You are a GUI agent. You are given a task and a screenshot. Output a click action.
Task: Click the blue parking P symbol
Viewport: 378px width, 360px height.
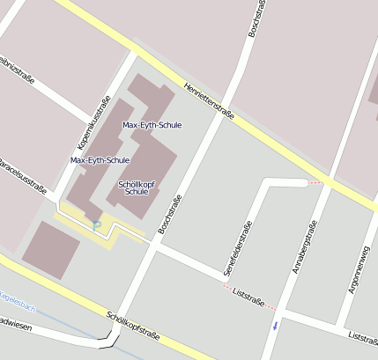click(98, 225)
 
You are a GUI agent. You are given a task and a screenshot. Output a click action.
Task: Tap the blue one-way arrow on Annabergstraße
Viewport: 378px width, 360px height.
click(276, 325)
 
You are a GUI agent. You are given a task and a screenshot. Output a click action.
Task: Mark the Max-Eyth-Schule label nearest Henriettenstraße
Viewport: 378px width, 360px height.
click(152, 126)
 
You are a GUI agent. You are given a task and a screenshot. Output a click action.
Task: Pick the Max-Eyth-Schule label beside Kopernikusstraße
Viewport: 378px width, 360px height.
click(100, 160)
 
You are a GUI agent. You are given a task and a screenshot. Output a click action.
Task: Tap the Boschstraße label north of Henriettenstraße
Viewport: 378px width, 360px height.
click(256, 21)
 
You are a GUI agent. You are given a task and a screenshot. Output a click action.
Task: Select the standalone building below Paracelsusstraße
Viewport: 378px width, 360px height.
click(50, 248)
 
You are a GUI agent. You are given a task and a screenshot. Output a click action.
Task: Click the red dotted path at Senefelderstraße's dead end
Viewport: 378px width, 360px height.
click(315, 182)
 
